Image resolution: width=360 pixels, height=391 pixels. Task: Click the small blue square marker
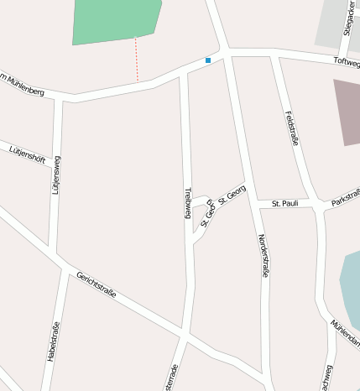point(208,60)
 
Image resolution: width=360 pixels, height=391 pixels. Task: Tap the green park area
point(114,21)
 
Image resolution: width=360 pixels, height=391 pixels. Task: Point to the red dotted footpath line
point(137,60)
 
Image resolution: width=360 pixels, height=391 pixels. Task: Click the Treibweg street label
point(188,201)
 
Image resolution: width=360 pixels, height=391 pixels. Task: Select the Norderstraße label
point(264,256)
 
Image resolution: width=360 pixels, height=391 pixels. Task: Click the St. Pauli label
point(285,203)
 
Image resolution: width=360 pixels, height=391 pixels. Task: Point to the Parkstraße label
point(345,199)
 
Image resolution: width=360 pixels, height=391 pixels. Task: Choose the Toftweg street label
point(346,61)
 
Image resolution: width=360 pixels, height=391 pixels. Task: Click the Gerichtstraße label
point(96,287)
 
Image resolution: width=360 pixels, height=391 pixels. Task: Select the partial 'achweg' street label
point(327,377)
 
